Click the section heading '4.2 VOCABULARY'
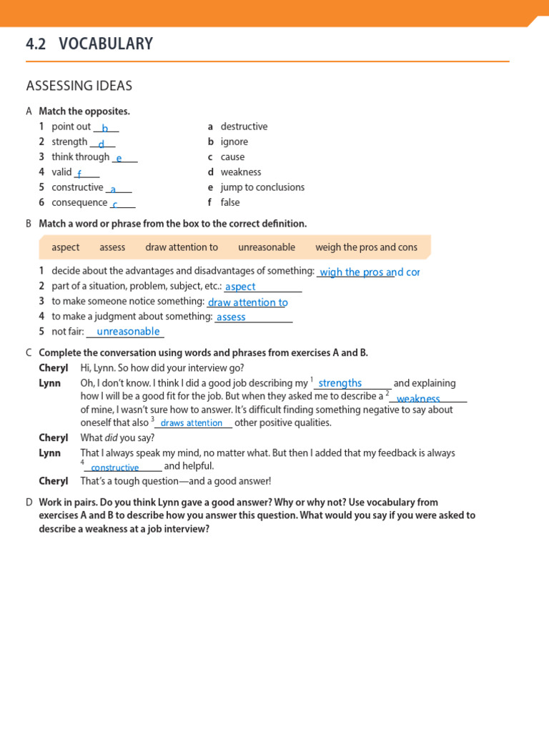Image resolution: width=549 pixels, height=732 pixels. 89,44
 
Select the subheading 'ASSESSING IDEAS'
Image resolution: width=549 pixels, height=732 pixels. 79,86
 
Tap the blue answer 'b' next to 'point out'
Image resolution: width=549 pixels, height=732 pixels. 105,128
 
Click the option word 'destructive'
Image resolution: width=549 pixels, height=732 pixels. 244,127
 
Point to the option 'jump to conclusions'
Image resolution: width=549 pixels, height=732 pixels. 262,187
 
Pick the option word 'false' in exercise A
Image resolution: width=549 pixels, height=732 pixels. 230,202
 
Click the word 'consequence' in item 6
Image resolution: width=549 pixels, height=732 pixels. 79,202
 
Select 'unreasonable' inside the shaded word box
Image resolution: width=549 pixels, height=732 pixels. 266,247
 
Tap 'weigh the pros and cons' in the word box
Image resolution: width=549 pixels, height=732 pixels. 366,247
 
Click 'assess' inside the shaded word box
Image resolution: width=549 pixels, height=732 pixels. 112,247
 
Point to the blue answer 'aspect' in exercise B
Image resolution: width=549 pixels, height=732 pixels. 240,287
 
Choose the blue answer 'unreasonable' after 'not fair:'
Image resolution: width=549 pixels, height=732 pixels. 128,332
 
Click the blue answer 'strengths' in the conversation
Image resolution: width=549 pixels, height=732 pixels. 340,383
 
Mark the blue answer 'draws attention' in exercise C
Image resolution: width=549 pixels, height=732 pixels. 192,423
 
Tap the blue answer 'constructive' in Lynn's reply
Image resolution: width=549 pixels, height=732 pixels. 115,468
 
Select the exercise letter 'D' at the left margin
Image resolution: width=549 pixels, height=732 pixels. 29,503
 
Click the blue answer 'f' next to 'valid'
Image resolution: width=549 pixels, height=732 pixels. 79,174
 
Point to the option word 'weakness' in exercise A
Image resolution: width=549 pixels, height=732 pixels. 241,172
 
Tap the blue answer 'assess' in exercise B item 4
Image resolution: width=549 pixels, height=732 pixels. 231,317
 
